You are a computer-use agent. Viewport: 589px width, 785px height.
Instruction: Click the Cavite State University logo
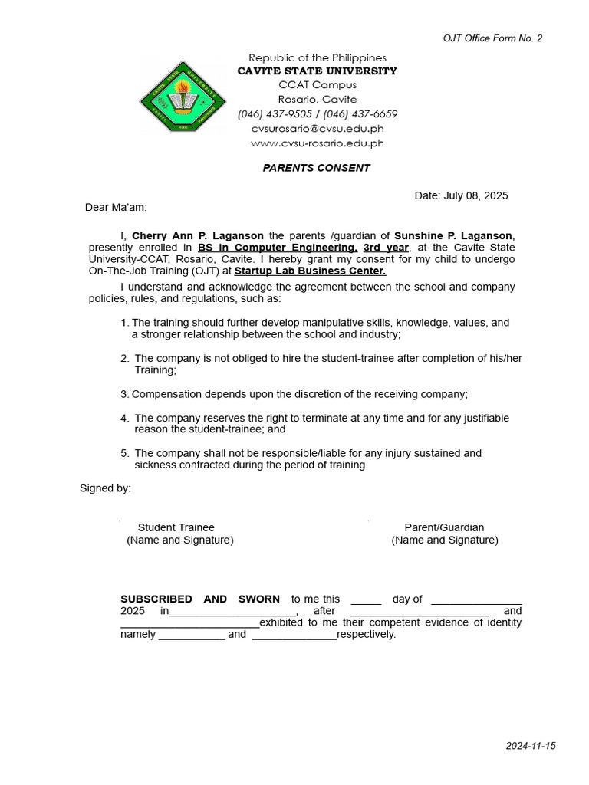183,98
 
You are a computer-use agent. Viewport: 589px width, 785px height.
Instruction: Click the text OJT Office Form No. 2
493,38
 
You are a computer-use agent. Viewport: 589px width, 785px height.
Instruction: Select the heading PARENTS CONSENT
317,168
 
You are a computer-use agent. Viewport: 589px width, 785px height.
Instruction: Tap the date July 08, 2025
475,195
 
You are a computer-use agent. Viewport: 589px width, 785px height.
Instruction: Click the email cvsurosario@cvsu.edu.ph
318,129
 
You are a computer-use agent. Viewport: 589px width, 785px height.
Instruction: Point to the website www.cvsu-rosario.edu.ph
318,143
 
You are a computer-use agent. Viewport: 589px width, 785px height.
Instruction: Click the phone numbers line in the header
318,114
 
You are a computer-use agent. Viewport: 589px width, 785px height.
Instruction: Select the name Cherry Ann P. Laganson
198,235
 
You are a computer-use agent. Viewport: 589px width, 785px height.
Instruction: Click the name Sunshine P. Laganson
454,235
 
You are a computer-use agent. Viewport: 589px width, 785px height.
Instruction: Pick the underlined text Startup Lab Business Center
310,271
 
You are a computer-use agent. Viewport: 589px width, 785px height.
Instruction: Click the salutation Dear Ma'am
115,207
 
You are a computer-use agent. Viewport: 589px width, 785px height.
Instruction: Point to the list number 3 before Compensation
123,394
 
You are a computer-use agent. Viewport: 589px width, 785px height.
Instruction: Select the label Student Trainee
176,527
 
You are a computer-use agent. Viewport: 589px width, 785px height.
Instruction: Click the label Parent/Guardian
444,527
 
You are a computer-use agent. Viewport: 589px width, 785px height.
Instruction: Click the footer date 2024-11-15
530,746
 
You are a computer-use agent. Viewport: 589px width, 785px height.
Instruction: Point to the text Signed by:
105,488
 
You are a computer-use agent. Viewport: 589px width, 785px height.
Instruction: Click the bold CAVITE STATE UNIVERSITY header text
318,71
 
